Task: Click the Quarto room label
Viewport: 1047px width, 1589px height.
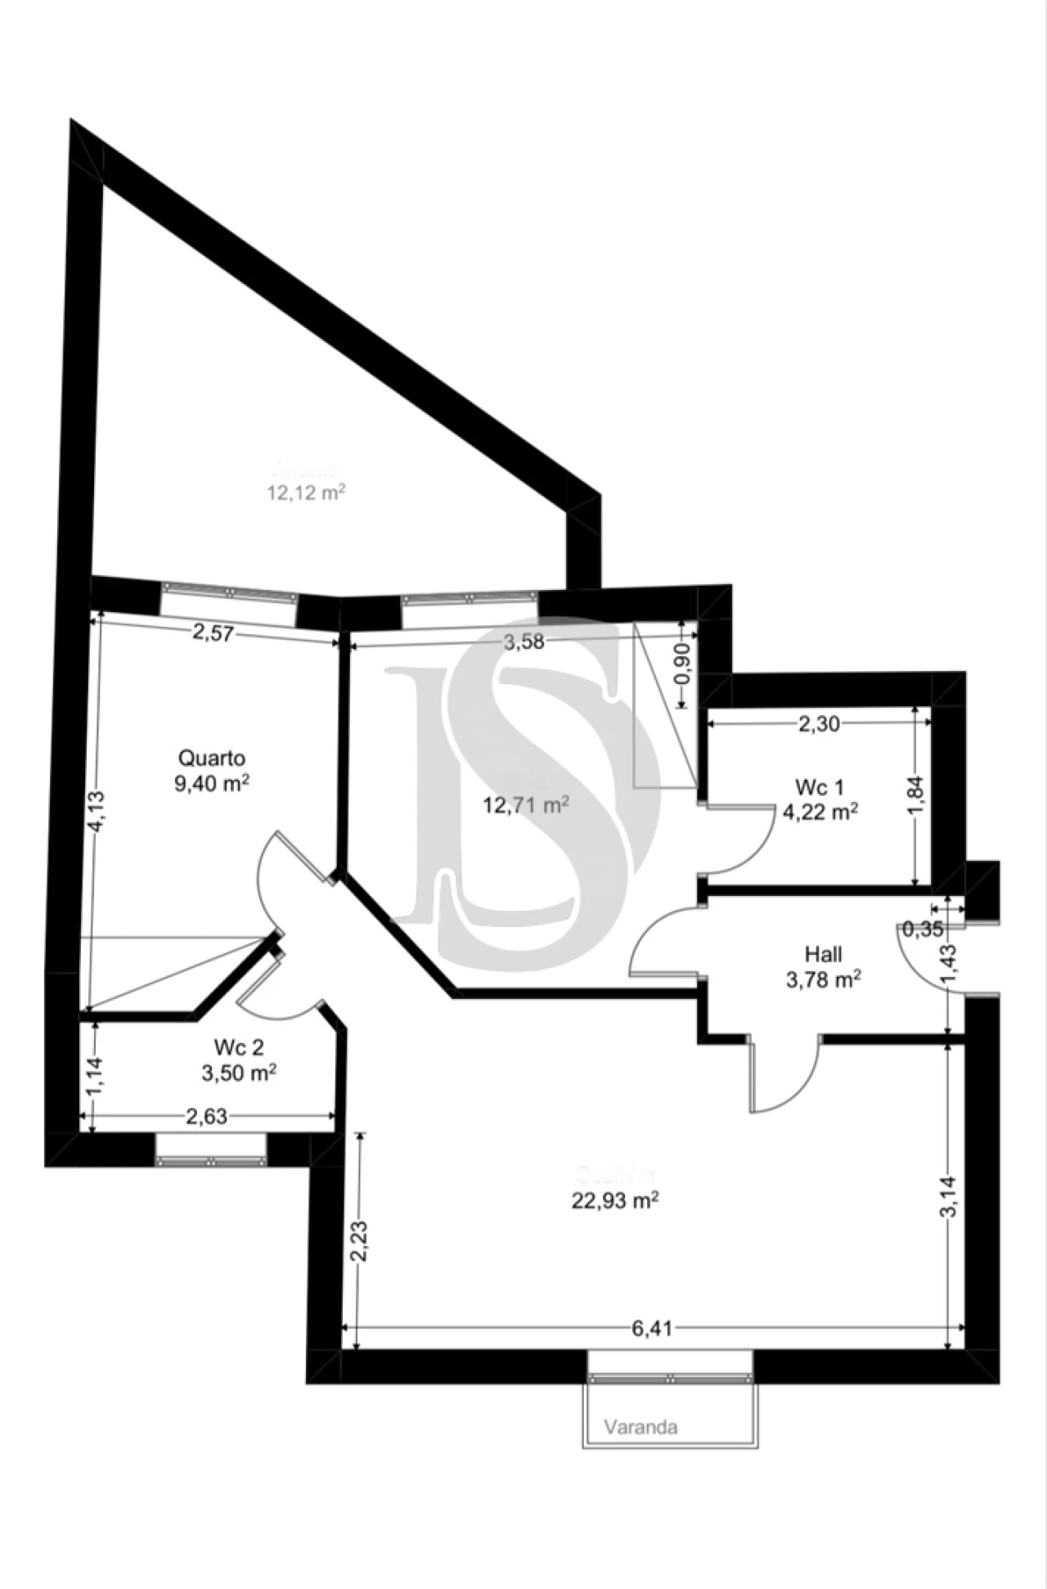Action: click(212, 758)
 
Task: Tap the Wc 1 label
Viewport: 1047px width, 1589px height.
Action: click(820, 787)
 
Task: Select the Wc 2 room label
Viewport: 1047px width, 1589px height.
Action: click(238, 1047)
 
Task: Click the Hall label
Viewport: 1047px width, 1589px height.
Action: click(823, 954)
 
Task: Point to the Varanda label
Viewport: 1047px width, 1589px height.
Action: click(640, 1427)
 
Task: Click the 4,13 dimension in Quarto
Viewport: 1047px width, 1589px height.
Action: click(96, 811)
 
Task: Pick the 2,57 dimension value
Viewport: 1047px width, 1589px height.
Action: click(213, 632)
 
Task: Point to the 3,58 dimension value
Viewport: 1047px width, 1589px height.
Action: click(524, 642)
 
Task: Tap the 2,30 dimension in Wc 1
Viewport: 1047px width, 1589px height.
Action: click(818, 723)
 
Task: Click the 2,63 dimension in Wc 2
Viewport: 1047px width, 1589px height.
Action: click(206, 1117)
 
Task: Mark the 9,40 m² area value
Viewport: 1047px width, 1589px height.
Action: click(211, 784)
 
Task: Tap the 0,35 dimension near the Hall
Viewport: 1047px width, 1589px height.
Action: click(923, 929)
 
